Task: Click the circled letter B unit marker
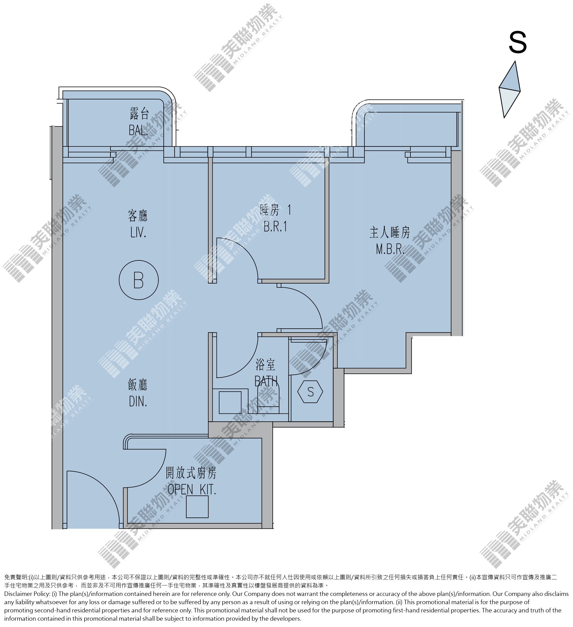(x=139, y=280)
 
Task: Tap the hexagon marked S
(x=310, y=392)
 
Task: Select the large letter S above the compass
(x=518, y=43)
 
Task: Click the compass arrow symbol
(x=510, y=89)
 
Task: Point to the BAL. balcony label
(x=139, y=130)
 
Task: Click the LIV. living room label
(x=139, y=233)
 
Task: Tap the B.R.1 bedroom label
(x=275, y=227)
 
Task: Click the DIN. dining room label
(x=138, y=402)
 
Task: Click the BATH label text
(x=266, y=381)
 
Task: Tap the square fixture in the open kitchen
(x=197, y=507)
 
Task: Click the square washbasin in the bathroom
(x=230, y=402)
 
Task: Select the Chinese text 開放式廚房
(x=191, y=473)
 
